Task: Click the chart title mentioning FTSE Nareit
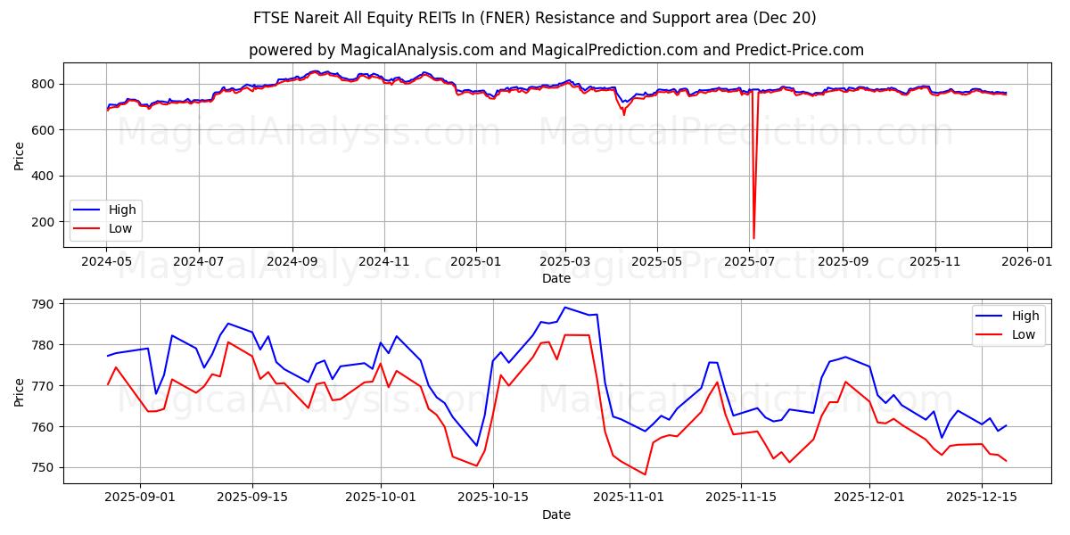[x=535, y=18]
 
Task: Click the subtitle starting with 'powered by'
[x=556, y=50]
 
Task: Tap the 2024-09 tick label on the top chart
[x=292, y=263]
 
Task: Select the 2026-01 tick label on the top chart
[x=1027, y=263]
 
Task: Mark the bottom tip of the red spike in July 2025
[x=753, y=238]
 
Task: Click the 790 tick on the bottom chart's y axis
[x=44, y=304]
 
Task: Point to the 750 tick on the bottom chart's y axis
[x=44, y=467]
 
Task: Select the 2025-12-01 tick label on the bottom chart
[x=869, y=497]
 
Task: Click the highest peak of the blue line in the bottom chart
[x=564, y=307]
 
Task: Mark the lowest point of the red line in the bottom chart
[x=645, y=474]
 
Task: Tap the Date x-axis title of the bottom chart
[x=556, y=514]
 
